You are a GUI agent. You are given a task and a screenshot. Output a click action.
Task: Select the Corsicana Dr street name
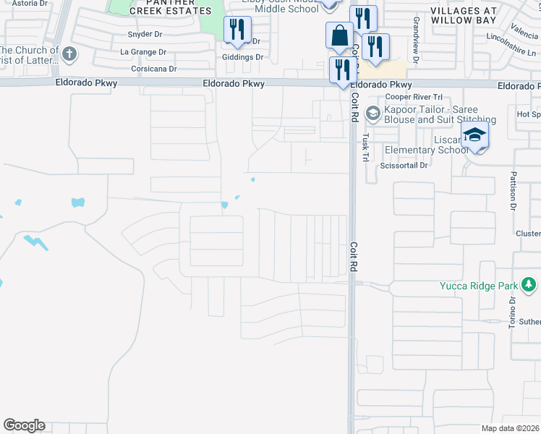click(154, 69)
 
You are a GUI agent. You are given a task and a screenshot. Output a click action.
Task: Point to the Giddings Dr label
click(243, 57)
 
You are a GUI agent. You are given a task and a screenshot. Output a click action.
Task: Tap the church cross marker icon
click(69, 54)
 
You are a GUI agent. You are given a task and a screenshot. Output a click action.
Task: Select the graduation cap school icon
click(475, 135)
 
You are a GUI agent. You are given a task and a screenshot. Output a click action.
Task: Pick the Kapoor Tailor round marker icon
click(373, 113)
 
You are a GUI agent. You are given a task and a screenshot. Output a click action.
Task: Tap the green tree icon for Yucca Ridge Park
click(529, 284)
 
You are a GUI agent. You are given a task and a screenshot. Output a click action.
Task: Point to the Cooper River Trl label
click(414, 97)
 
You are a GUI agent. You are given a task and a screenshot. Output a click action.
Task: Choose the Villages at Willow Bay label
click(464, 16)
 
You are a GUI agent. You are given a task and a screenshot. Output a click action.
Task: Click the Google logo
click(24, 425)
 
